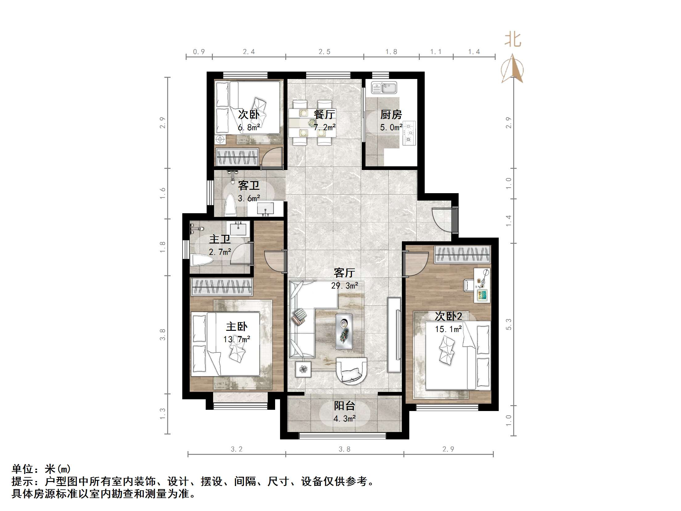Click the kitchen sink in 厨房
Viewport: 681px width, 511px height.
click(x=384, y=88)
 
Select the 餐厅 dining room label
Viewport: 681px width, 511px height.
click(x=324, y=114)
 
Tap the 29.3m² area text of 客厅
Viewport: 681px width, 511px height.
click(x=345, y=286)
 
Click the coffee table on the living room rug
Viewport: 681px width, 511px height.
click(x=344, y=331)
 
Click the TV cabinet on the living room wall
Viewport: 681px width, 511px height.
click(x=394, y=335)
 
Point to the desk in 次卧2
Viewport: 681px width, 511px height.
click(x=482, y=285)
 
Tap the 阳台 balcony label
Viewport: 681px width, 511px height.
click(x=345, y=406)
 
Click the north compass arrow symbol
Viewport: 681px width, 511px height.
click(x=512, y=69)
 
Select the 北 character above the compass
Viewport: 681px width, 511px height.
click(x=513, y=40)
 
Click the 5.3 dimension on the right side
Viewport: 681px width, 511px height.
click(x=509, y=324)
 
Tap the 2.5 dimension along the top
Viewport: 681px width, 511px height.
click(x=324, y=52)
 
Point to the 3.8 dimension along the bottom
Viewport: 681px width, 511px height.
click(x=345, y=449)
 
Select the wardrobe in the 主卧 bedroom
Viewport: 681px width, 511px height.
click(x=221, y=286)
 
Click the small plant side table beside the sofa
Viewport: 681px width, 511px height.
click(x=303, y=369)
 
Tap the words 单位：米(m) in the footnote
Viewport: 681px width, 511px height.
click(x=41, y=469)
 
